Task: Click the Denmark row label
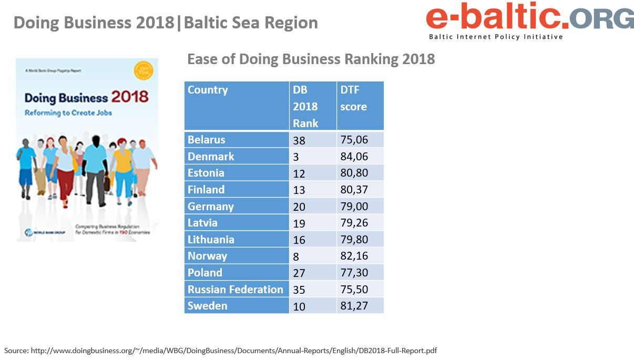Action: (211, 157)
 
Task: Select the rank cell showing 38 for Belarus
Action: (299, 140)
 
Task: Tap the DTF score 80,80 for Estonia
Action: (354, 173)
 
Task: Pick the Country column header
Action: (208, 90)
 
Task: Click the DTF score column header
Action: (353, 98)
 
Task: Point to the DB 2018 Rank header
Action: (305, 106)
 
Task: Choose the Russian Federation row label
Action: (235, 290)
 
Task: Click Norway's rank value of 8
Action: (296, 256)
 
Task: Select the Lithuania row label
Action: (211, 240)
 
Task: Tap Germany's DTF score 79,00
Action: (354, 207)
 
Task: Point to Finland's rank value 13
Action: (299, 190)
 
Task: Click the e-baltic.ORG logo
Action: (529, 18)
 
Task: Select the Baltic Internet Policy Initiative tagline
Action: (496, 37)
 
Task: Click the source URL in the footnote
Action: (231, 351)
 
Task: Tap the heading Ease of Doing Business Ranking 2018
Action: (311, 59)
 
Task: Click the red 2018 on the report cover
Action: (130, 97)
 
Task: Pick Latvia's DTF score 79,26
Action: (354, 223)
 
